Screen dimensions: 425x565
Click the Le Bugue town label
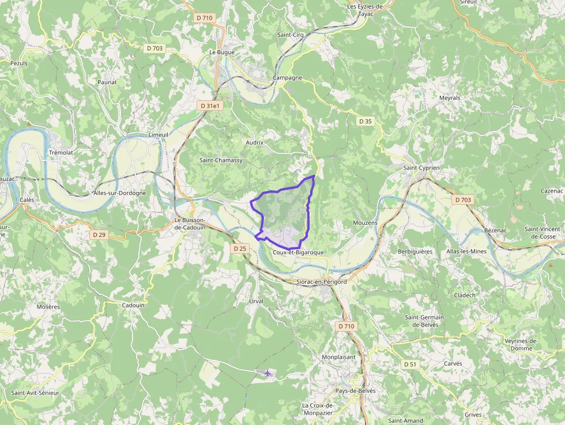coord(221,52)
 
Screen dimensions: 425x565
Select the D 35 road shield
coord(366,121)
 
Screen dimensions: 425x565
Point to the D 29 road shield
coord(99,235)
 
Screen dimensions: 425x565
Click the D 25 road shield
coord(240,249)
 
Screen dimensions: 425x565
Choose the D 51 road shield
coord(410,364)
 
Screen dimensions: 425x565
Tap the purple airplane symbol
coord(267,373)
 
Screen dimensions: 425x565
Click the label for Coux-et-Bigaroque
coord(299,253)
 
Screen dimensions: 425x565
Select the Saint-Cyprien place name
coord(421,168)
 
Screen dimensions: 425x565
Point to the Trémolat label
coord(61,153)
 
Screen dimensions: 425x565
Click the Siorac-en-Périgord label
coord(321,282)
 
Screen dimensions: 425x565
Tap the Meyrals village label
coord(450,98)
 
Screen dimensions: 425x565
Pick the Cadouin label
coord(134,305)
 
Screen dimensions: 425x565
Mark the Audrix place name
coord(254,142)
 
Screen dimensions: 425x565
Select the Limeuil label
coord(159,134)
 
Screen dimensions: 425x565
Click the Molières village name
coord(48,307)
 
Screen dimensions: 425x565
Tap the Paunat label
coord(107,82)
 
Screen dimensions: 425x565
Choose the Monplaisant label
coord(338,357)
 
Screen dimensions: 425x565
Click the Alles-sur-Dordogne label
coord(119,193)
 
